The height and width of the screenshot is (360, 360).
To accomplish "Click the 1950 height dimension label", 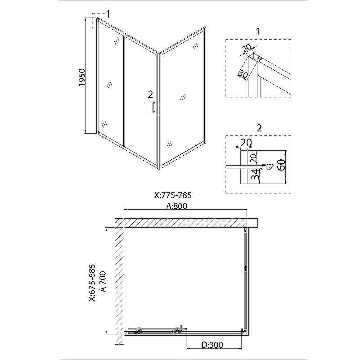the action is [x=82, y=77].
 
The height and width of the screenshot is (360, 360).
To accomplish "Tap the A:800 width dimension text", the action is [x=177, y=206].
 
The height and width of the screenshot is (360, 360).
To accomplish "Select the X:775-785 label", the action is [x=173, y=195].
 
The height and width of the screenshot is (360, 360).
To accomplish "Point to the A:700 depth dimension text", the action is [x=103, y=282].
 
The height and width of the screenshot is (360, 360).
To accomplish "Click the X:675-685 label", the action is [x=92, y=283].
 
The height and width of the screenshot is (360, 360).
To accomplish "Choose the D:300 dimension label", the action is [x=212, y=345].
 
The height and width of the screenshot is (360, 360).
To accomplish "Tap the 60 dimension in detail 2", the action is [x=281, y=165].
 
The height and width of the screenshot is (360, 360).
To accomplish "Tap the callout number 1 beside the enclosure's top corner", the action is [x=108, y=14].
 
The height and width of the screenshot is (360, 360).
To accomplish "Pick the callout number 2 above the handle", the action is [x=150, y=94].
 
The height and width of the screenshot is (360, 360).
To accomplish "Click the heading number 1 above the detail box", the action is [x=257, y=31].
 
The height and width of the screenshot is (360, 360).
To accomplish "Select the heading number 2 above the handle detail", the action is [x=259, y=128].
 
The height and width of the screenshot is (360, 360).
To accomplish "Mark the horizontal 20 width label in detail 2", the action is [x=246, y=143].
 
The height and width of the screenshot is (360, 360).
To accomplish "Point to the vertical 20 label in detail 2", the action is [x=252, y=159].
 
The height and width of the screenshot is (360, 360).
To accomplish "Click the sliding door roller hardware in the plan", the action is [x=158, y=330].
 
